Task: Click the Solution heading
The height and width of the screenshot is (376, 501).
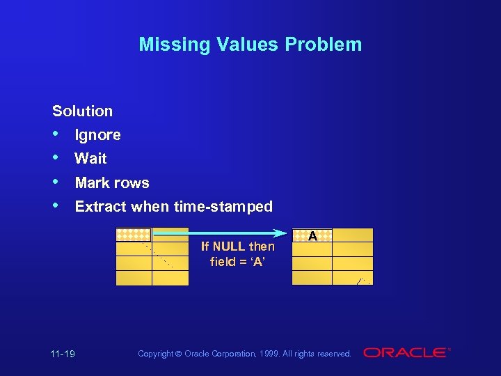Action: tap(82, 111)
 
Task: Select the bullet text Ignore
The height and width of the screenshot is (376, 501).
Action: tap(97, 134)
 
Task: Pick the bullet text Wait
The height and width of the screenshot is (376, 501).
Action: tap(90, 158)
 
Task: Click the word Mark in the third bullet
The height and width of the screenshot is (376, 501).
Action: tap(92, 182)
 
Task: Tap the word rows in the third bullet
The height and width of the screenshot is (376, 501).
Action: tap(132, 182)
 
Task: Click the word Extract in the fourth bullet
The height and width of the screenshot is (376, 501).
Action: tap(102, 206)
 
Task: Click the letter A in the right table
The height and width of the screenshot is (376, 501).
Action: tap(312, 236)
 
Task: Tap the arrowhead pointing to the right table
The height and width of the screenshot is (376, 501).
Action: tap(281, 233)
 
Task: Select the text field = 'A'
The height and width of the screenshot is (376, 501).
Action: tap(237, 262)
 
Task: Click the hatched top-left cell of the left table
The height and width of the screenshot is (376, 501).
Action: tap(134, 235)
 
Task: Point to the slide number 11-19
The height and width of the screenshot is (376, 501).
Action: tap(63, 354)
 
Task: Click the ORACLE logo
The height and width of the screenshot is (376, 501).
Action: tap(406, 353)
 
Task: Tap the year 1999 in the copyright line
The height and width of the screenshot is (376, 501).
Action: tap(270, 354)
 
